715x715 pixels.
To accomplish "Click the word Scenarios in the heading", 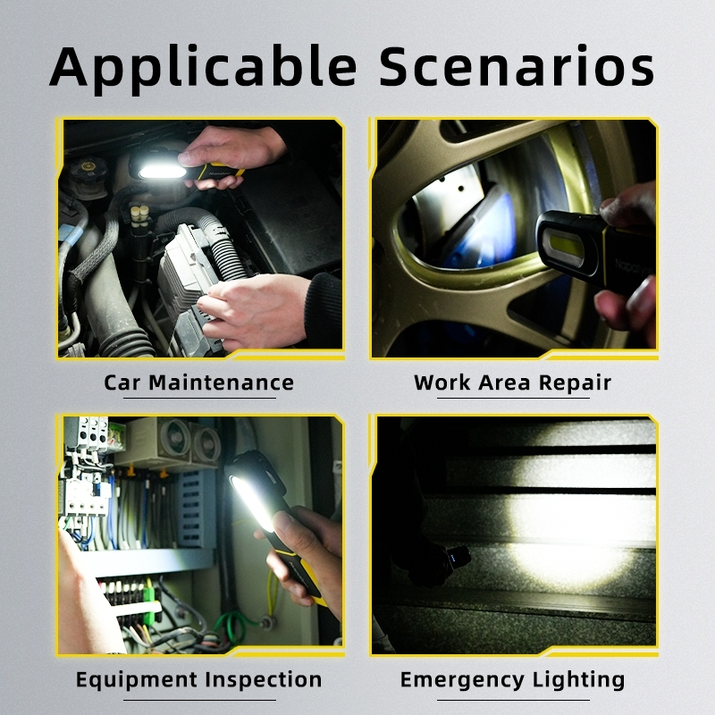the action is click(x=517, y=66).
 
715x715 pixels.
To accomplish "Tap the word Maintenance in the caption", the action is click(x=221, y=383).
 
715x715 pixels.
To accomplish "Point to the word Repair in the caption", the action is click(x=575, y=383).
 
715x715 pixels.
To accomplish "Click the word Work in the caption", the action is click(x=442, y=383).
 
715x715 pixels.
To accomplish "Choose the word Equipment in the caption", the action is click(x=136, y=680).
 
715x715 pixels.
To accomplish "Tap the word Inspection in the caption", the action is click(x=263, y=680).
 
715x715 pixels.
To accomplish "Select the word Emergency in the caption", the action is click(x=462, y=680).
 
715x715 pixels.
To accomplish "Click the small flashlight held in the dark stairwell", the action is click(x=458, y=557).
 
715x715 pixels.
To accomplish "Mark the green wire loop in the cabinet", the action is click(x=231, y=626).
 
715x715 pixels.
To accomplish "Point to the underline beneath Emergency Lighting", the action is click(x=513, y=700).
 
